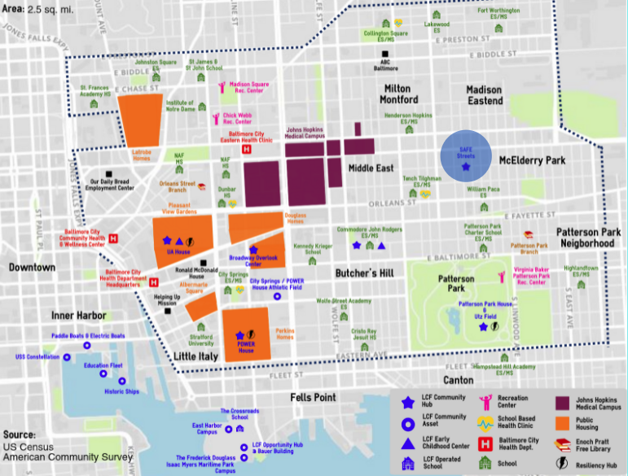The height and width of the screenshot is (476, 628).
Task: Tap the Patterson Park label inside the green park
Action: [455, 282]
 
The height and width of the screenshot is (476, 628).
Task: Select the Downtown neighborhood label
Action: [33, 267]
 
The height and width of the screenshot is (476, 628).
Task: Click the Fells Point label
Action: [314, 397]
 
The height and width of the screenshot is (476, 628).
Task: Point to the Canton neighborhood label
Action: [459, 380]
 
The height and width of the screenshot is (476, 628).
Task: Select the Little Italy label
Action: [196, 356]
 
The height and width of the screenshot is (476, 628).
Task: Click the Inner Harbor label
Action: [75, 316]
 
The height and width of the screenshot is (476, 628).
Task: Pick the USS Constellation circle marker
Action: [64, 346]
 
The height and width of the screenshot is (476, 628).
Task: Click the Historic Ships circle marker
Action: [122, 381]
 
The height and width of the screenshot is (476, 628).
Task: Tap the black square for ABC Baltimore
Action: [385, 55]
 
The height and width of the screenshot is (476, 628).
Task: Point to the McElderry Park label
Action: [532, 160]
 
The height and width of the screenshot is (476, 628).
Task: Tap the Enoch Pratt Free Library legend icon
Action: [562, 443]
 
